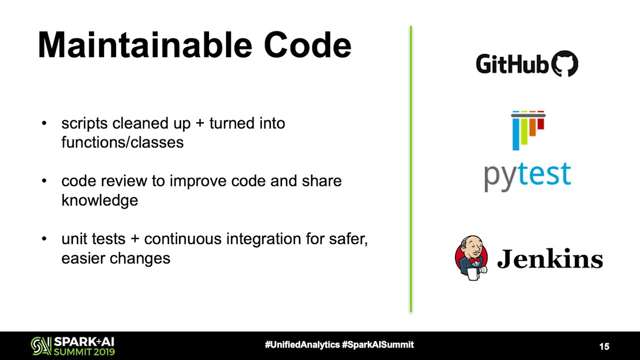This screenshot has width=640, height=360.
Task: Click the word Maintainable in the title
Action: tap(145, 45)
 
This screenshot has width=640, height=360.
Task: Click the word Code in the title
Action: tap(307, 45)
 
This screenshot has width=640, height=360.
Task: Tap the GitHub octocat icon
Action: tap(564, 63)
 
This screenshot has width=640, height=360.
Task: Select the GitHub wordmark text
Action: tap(512, 64)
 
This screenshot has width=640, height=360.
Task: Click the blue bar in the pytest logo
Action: tap(515, 133)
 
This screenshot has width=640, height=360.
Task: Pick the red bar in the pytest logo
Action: tap(541, 123)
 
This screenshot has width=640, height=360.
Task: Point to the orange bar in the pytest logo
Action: tap(532, 127)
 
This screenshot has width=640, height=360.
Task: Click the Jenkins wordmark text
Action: tap(550, 258)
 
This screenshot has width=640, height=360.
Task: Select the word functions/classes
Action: tap(122, 142)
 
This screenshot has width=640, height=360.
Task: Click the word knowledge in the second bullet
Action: tap(99, 200)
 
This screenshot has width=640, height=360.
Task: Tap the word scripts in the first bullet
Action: tap(84, 123)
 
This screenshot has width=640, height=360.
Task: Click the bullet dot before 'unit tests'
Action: tap(44, 238)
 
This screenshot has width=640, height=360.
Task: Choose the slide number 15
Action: tap(604, 346)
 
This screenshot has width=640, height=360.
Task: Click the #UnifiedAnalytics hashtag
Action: tap(302, 344)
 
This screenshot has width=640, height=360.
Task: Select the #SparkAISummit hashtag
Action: tap(378, 344)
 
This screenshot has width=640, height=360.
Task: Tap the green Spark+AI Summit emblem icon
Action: tap(41, 346)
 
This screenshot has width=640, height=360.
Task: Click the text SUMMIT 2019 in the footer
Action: tap(84, 351)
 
